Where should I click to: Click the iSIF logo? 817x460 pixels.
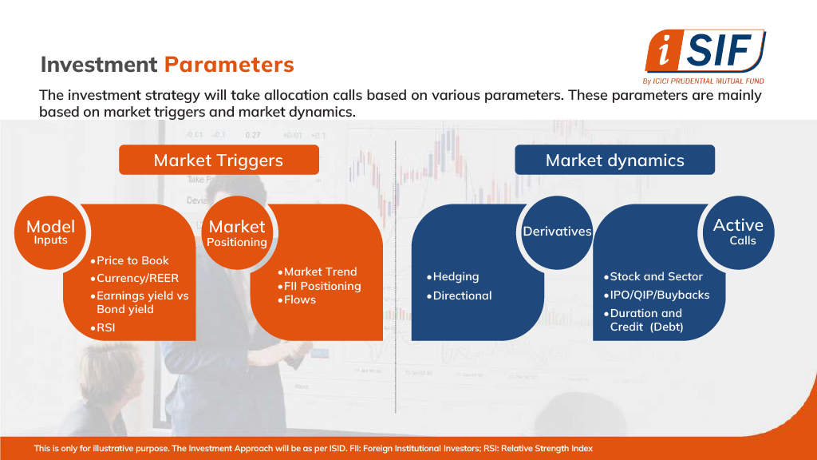coord(705,57)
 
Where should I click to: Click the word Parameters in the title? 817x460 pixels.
coord(229,65)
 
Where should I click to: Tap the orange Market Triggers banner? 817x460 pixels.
coord(219,160)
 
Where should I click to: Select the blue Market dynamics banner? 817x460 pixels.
coord(615,160)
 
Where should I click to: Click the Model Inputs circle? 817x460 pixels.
coord(50,232)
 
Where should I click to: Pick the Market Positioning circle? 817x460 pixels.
coord(237,232)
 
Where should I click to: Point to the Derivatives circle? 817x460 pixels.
coord(557,232)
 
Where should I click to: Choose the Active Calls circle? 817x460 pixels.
coord(738,232)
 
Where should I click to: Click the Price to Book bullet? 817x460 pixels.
coord(130,261)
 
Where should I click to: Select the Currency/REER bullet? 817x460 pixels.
coord(134,278)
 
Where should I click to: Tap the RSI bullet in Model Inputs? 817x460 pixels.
coord(103,327)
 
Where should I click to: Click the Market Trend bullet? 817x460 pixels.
coord(318,272)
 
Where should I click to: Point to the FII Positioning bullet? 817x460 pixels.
coord(319,286)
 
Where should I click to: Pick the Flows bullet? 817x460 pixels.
coord(297,300)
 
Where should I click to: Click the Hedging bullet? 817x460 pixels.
coord(453,276)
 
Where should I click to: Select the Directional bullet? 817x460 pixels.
coord(459,295)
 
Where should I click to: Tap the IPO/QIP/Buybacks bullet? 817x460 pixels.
coord(657,295)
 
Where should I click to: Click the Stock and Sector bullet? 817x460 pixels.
coord(653,276)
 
